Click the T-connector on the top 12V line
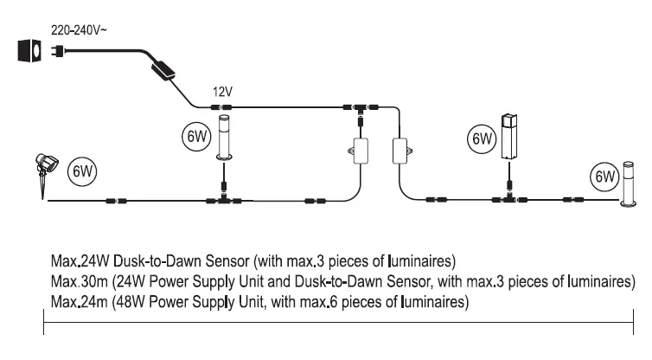tap(355, 108)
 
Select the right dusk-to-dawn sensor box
tap(400, 151)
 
